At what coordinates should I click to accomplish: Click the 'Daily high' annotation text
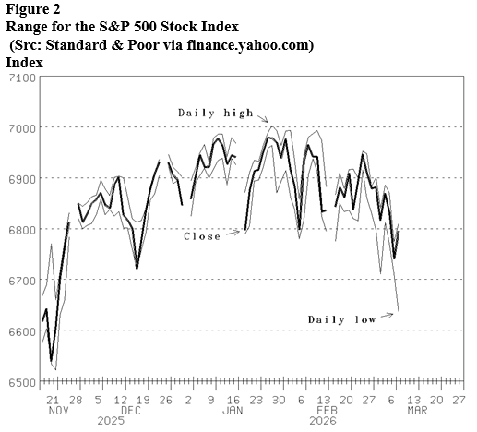(x=215, y=113)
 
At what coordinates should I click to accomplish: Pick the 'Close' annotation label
(x=202, y=236)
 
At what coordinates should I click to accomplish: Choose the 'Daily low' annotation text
(x=341, y=319)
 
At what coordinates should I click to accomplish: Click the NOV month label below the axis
(x=57, y=409)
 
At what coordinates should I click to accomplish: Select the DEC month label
(x=132, y=409)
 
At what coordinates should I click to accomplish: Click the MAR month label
(x=416, y=409)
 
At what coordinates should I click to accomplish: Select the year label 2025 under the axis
(x=111, y=421)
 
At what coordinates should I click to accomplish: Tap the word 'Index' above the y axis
(x=24, y=62)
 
